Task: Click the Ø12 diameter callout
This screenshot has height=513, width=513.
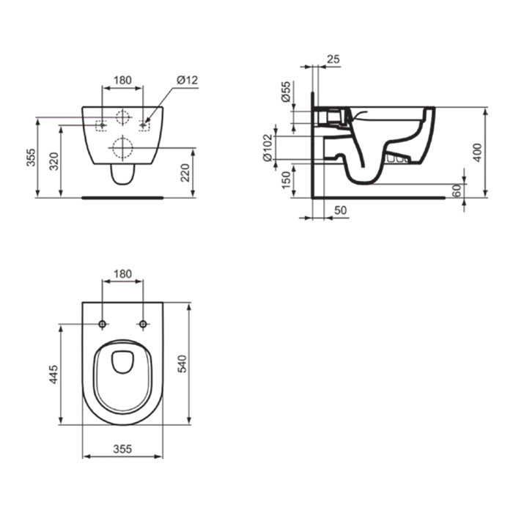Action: (x=188, y=80)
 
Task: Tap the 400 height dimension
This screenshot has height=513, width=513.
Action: (x=478, y=152)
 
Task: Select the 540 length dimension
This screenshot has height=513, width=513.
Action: (x=182, y=363)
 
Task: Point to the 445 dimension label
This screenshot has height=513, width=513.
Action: (x=53, y=374)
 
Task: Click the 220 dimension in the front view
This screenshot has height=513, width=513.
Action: (x=185, y=173)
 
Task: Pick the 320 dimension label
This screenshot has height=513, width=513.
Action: (x=54, y=162)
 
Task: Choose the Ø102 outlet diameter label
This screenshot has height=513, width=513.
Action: (x=268, y=147)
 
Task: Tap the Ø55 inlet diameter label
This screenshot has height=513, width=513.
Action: (x=286, y=92)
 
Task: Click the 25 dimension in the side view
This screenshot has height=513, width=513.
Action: (x=333, y=59)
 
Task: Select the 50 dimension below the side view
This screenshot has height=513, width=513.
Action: (x=341, y=210)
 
